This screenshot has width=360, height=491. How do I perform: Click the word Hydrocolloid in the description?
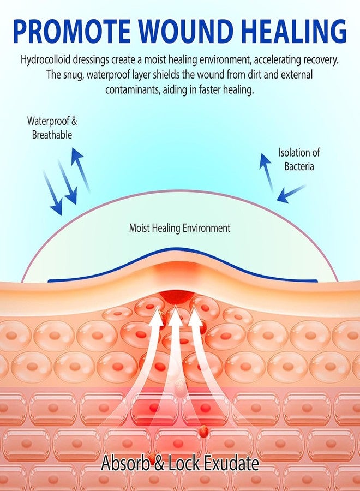tap(41, 60)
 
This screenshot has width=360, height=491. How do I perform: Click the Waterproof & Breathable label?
tap(52, 128)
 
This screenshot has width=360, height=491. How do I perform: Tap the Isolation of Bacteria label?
tap(299, 159)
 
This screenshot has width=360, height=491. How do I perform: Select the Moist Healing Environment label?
tap(179, 228)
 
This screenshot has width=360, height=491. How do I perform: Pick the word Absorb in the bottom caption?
tap(125, 463)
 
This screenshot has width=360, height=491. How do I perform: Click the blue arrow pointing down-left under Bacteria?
tap(291, 194)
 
